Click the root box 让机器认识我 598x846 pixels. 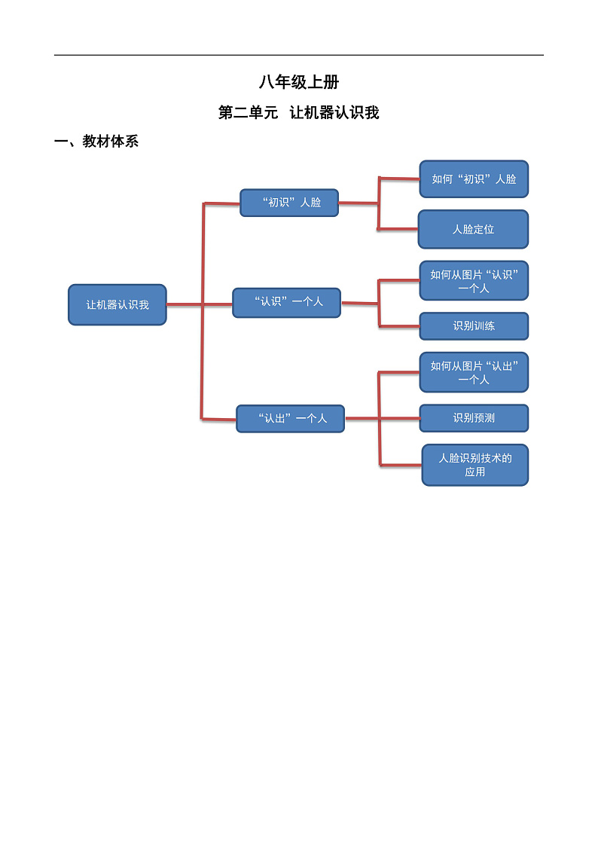coord(117,304)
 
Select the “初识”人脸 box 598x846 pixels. coord(289,203)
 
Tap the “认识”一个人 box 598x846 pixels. coord(286,302)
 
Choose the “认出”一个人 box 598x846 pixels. coord(290,418)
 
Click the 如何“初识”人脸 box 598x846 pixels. coord(474,179)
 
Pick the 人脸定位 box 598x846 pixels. coord(473,229)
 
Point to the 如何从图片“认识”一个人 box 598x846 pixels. coord(474,281)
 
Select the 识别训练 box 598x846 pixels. coord(474,326)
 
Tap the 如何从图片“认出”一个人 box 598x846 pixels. coord(474,372)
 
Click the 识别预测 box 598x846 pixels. coord(474,418)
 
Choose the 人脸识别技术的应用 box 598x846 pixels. coord(474,465)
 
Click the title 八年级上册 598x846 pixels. coord(298,83)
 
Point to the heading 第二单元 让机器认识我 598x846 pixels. coord(298,113)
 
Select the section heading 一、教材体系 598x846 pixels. coord(96,142)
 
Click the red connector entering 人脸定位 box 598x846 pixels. coord(398,228)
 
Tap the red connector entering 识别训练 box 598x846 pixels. coord(399,326)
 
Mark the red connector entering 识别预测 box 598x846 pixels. coord(399,418)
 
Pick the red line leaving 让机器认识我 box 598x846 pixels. coord(184,304)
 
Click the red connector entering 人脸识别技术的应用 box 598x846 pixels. coord(401,465)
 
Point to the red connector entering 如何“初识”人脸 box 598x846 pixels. coord(399,179)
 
